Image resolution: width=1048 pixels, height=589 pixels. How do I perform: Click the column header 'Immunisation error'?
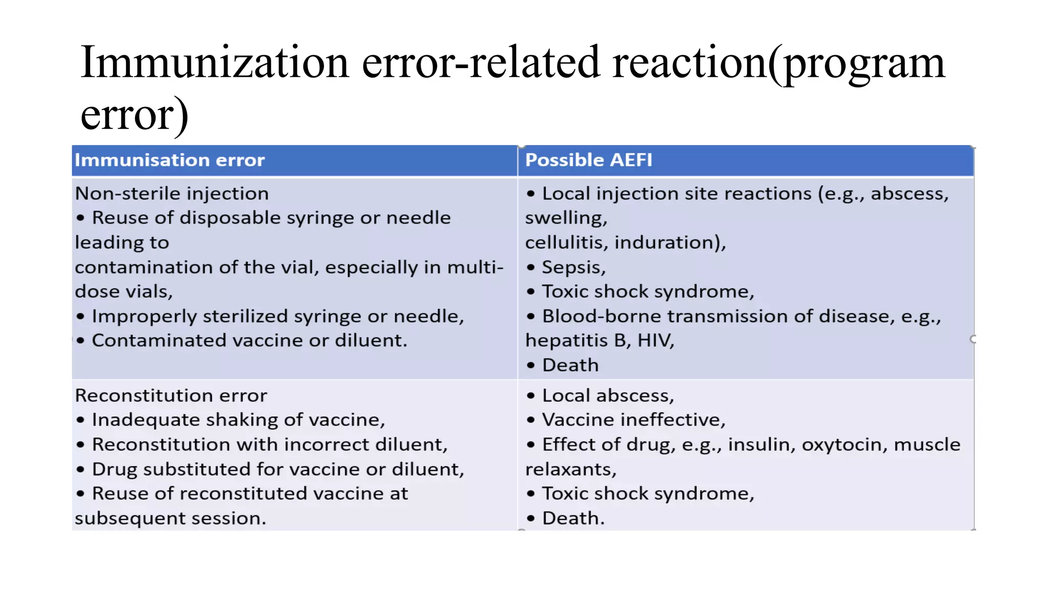[169, 160]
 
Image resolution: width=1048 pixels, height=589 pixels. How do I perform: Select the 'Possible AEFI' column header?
[588, 160]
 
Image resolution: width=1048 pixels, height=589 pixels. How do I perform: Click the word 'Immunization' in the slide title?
[214, 62]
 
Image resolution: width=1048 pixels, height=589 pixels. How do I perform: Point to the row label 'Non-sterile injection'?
[171, 194]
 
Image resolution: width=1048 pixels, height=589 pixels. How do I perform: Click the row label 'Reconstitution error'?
[171, 396]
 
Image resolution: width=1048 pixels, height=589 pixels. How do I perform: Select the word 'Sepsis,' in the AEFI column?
[574, 267]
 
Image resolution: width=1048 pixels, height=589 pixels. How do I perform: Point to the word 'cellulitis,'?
[566, 242]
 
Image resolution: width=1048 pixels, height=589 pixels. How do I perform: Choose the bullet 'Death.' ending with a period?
[573, 518]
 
